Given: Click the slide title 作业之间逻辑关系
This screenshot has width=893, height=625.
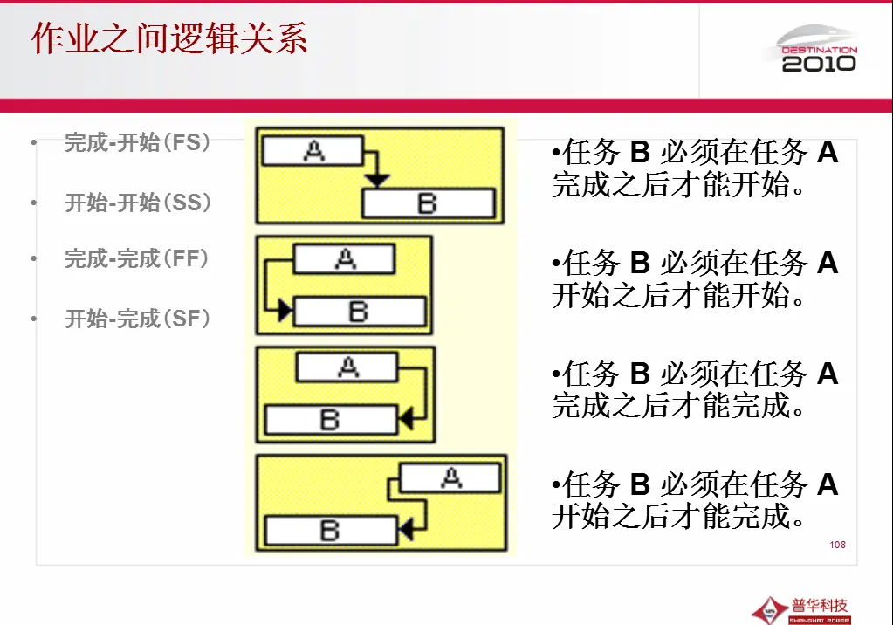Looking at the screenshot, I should click(x=169, y=40).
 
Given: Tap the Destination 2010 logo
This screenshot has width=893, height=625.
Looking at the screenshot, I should click(x=818, y=51).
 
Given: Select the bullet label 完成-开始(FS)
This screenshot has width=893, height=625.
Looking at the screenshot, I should click(x=138, y=142).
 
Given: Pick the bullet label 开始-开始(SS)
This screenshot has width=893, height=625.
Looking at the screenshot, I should click(x=138, y=203).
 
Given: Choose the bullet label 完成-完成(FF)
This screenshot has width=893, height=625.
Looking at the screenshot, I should click(x=137, y=258).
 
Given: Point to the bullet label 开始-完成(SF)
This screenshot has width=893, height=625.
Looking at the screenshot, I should click(x=138, y=319).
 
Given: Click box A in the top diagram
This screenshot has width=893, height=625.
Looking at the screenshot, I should click(x=312, y=151).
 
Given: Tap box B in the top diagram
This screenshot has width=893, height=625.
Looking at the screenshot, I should click(x=428, y=204).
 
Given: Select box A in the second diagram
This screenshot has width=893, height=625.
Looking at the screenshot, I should click(x=344, y=259).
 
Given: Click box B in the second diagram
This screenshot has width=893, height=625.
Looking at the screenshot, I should click(x=359, y=312).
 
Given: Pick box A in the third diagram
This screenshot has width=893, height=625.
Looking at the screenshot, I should click(x=347, y=367).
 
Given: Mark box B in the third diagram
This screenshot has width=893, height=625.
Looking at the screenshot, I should click(x=330, y=420).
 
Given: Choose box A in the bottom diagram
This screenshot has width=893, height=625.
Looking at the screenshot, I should click(x=450, y=477).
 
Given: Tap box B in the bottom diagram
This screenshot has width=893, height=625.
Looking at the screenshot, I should click(x=330, y=530).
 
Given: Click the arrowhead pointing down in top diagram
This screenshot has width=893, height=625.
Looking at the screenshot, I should click(x=377, y=181).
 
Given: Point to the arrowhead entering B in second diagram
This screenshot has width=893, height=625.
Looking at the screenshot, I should click(x=285, y=311).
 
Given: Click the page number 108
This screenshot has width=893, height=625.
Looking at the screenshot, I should click(x=837, y=545).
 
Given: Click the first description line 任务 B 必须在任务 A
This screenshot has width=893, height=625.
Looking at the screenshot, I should click(x=695, y=153).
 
